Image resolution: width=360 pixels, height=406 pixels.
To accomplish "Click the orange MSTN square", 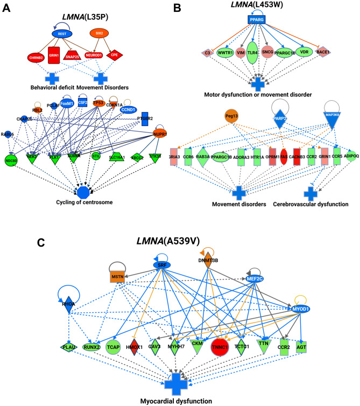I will pos(118,277).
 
